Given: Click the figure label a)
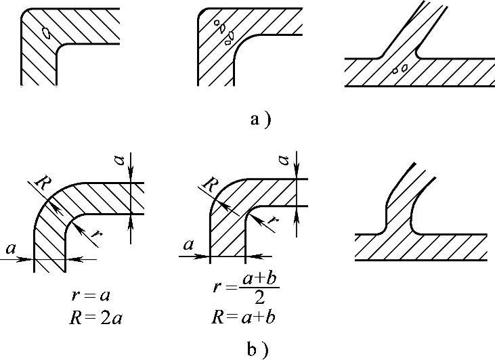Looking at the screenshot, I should tap(260, 120).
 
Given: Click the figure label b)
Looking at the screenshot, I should tap(260, 348).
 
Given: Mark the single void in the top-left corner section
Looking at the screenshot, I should tap(45, 32).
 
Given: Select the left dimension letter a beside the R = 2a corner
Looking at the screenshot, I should tap(11, 249).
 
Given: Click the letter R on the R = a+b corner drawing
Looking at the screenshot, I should tap(211, 183).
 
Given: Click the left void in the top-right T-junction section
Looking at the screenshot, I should tap(395, 70).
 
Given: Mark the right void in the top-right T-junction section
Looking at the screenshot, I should tap(404, 68).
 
